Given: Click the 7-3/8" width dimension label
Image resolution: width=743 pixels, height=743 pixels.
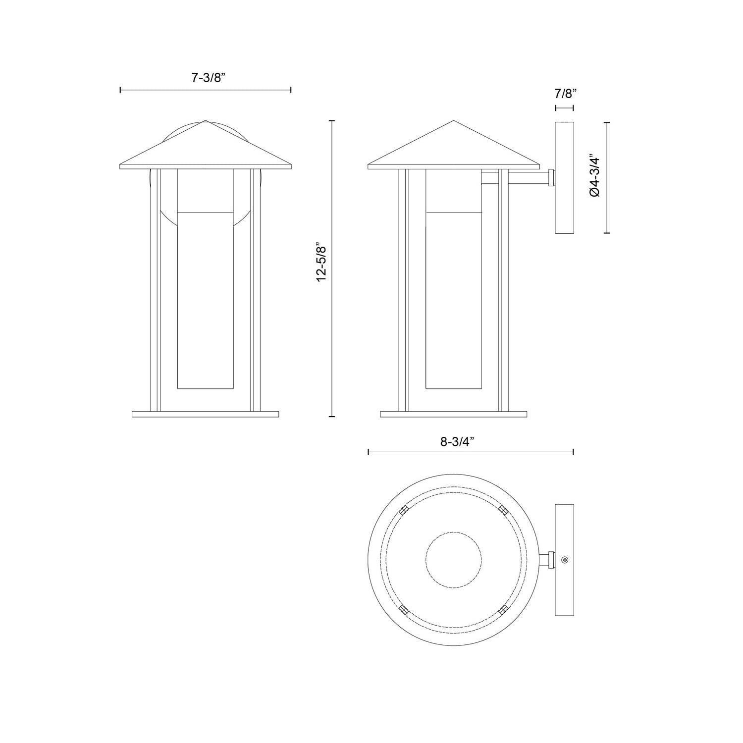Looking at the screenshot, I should (208, 77).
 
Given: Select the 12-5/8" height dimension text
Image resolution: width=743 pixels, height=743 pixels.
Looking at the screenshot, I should (321, 269).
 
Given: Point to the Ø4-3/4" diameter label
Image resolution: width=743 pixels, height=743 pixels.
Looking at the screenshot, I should (595, 177).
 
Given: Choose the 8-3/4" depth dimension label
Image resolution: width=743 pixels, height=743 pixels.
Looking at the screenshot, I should (457, 442).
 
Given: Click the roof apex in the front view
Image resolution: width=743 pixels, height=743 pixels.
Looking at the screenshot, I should (205, 121).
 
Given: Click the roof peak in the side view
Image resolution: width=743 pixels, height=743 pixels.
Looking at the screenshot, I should (453, 122).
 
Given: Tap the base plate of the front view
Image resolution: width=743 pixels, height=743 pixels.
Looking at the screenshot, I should (206, 414).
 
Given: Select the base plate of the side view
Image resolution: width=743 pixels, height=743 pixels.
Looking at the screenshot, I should (453, 414).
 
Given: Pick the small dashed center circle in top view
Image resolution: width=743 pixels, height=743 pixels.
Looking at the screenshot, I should (453, 560).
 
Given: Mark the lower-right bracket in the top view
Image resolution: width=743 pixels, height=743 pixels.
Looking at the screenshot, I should (503, 609).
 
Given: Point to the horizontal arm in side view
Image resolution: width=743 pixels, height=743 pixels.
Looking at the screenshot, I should (525, 178).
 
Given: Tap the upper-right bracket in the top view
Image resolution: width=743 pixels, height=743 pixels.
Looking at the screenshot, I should (503, 510).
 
